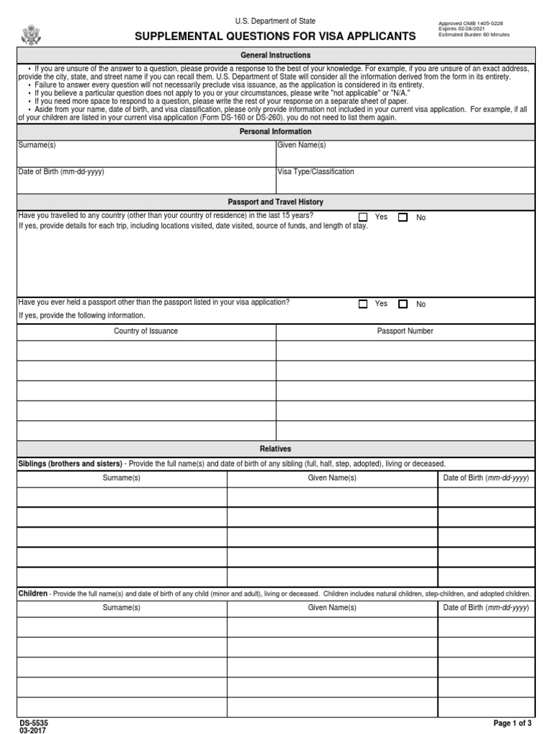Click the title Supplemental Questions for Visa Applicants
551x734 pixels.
[275, 36]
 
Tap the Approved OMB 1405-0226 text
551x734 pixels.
[470, 23]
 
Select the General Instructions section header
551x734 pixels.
[275, 55]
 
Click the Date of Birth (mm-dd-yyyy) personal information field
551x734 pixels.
[146, 180]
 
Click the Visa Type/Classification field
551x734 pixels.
[405, 180]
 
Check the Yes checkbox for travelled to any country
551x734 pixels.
[363, 217]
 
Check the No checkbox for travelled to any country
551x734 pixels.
[403, 217]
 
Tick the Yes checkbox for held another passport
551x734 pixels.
[363, 304]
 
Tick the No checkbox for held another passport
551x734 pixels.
[403, 304]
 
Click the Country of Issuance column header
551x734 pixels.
[146, 331]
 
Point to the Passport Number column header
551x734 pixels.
[405, 331]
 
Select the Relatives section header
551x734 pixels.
[275, 449]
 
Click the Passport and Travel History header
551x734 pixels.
[275, 202]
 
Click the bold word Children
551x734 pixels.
[33, 594]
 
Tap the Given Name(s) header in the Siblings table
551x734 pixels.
[332, 478]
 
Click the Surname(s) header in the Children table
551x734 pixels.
[122, 608]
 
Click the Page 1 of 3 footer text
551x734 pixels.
[513, 723]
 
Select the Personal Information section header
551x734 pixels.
[275, 132]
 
